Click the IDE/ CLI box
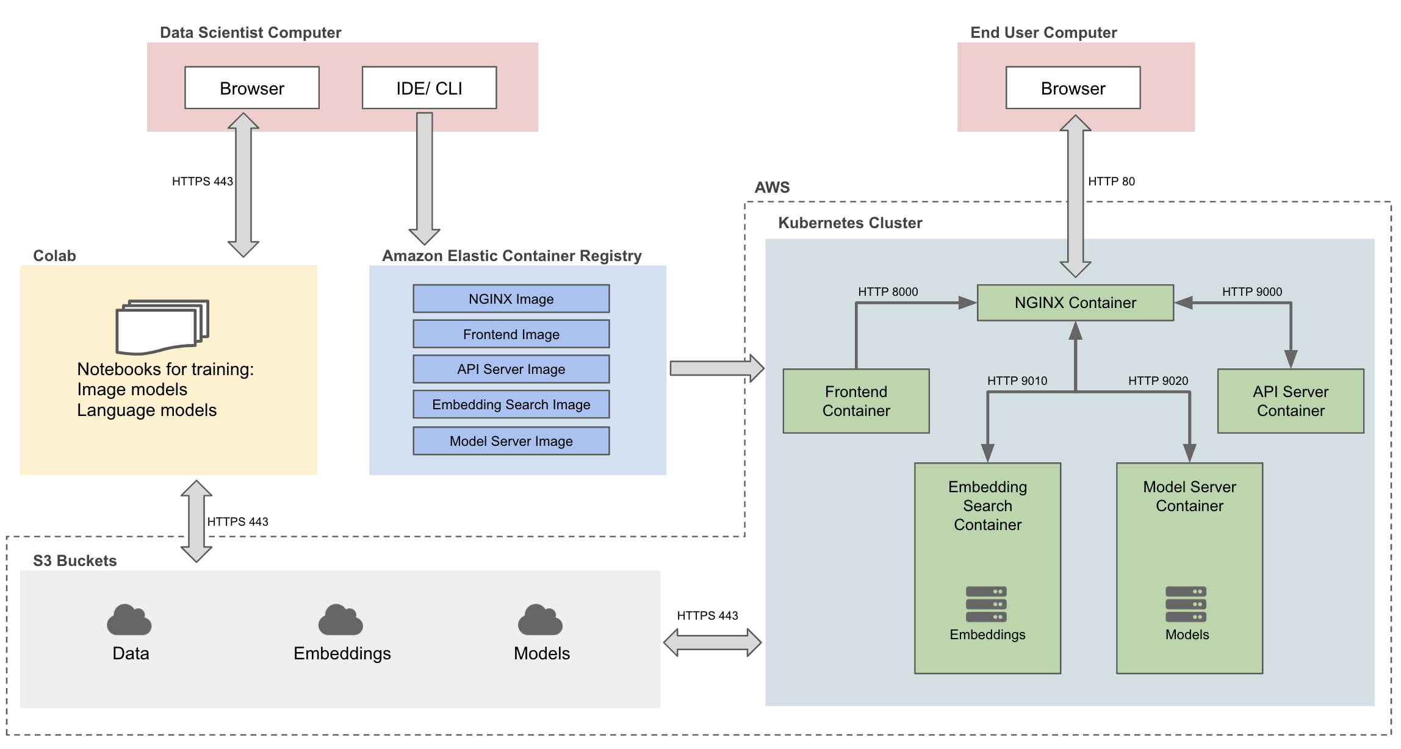[x=429, y=88]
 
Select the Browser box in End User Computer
[x=1073, y=88]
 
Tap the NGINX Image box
[x=511, y=299]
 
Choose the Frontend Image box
[x=511, y=334]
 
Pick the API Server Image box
[x=511, y=369]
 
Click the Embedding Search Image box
[x=511, y=404]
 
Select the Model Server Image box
[x=511, y=441]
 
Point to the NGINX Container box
[x=1075, y=303]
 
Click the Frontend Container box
[x=856, y=401]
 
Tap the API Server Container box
[x=1291, y=401]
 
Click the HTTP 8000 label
[x=888, y=292]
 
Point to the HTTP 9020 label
[x=1158, y=381]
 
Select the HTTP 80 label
[x=1111, y=181]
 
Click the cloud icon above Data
[x=129, y=620]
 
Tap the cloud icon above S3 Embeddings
[x=340, y=620]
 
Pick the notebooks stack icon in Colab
[x=162, y=327]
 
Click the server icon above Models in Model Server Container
[x=1186, y=604]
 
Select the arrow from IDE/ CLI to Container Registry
[x=425, y=177]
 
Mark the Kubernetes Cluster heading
[x=850, y=223]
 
